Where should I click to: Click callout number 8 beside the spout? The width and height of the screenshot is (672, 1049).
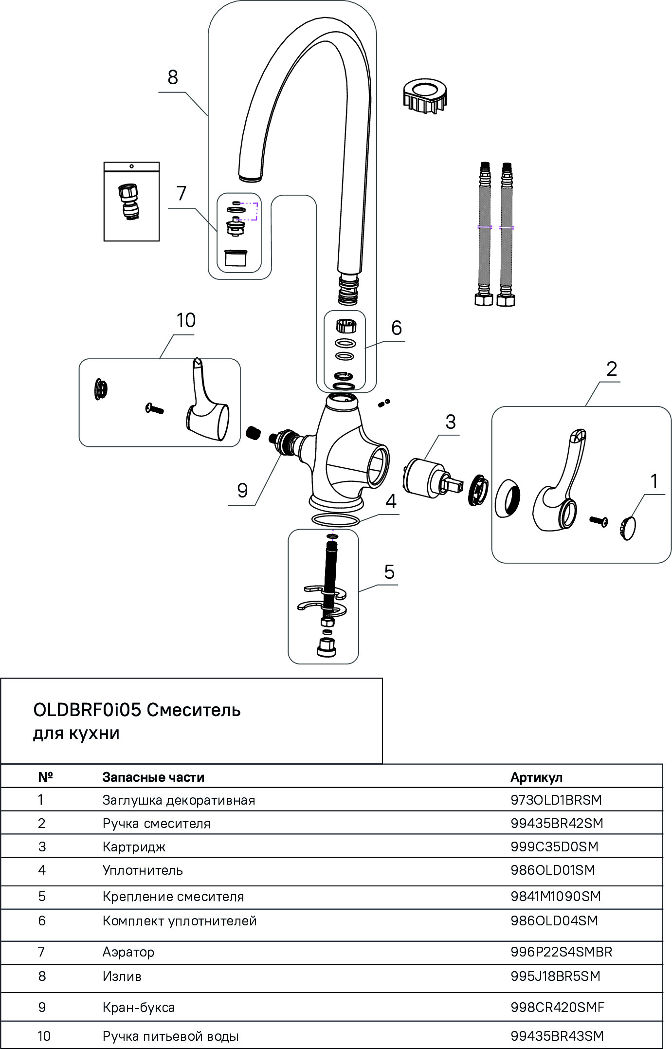(173, 77)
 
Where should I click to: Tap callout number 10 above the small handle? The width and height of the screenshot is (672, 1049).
(186, 320)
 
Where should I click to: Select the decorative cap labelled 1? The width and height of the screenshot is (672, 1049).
(630, 528)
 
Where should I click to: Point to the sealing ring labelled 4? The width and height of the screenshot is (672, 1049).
(336, 520)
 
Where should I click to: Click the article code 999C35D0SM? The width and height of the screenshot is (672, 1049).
(554, 847)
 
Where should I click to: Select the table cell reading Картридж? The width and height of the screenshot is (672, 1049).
(134, 847)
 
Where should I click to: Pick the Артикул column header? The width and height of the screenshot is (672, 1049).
(536, 777)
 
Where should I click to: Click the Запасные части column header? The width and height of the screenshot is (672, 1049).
(153, 777)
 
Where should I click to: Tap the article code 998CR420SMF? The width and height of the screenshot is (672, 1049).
(558, 1007)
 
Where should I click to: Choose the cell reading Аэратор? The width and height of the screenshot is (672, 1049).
(128, 952)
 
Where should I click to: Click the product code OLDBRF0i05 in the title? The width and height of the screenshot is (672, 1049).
(87, 710)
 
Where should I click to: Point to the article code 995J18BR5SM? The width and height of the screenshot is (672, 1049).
(555, 976)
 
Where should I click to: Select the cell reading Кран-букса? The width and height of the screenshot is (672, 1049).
(139, 1007)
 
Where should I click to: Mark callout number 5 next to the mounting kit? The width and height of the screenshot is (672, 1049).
(389, 571)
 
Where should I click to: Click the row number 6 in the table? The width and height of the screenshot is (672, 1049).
(42, 920)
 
